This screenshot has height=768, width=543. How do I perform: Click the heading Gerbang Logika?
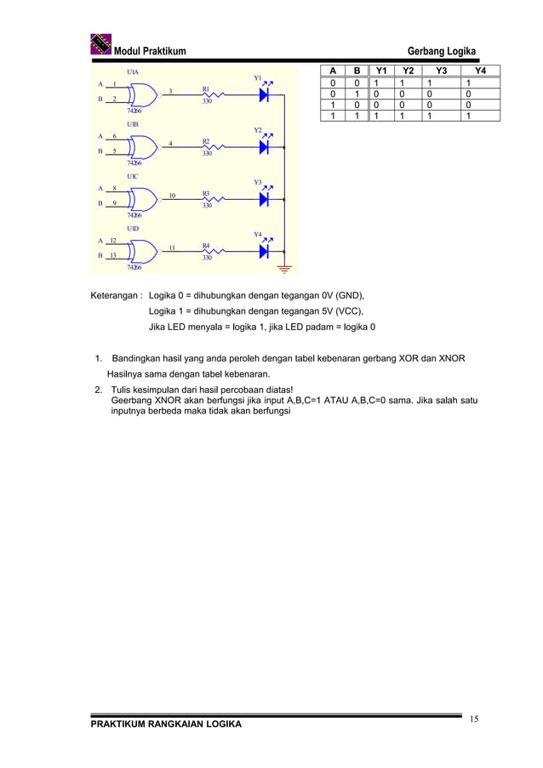[x=442, y=51]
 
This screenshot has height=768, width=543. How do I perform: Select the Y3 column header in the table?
[x=440, y=71]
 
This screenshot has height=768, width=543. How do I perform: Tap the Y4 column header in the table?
[x=481, y=71]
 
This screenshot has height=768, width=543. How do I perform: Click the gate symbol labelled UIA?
[x=145, y=94]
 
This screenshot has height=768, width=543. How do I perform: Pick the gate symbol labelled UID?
[x=145, y=250]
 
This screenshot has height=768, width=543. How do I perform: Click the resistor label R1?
[x=206, y=88]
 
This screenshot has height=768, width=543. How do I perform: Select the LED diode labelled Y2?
[x=264, y=147]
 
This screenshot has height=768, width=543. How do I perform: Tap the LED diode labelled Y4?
[x=264, y=251]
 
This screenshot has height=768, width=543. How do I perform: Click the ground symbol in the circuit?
[x=284, y=270]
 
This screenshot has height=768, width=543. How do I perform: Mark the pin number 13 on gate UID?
[x=113, y=254]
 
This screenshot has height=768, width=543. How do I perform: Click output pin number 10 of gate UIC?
[x=172, y=196]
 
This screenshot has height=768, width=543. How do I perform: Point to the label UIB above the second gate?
[x=133, y=124]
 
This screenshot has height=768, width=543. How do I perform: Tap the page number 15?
[x=473, y=720]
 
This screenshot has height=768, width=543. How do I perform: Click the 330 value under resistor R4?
[x=207, y=258]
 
